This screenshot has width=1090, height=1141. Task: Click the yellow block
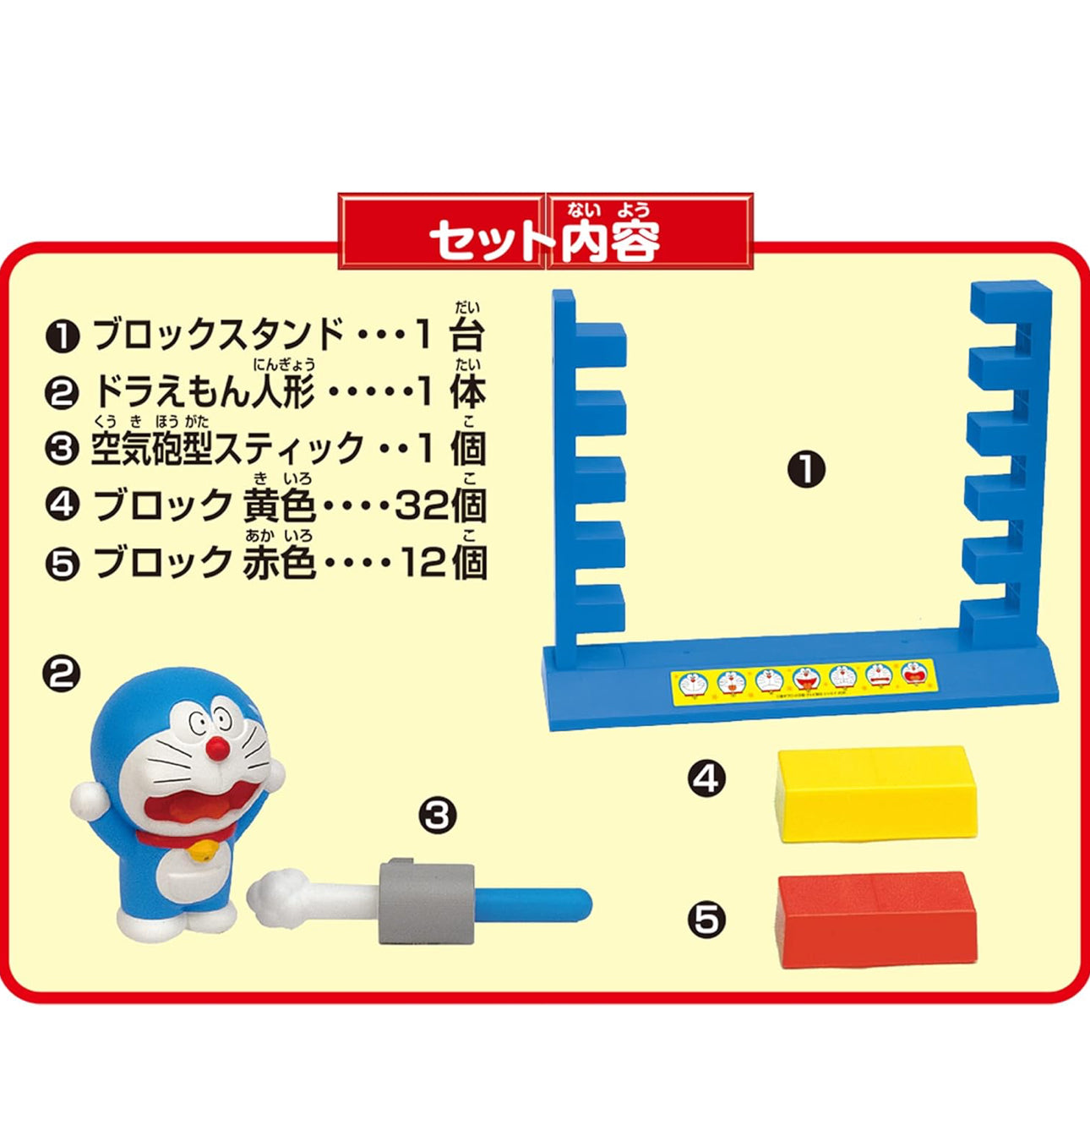pos(875,794)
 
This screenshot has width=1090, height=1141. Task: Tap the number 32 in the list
pos(422,506)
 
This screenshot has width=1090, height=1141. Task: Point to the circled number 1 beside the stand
pos(806,470)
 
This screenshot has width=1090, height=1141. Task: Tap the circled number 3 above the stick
pos(437,816)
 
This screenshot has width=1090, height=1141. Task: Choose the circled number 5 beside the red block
pos(707,919)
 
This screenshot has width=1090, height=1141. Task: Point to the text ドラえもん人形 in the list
pos(203,392)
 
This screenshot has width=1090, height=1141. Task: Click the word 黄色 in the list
pos(280,506)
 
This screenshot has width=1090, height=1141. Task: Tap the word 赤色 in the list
pos(280,562)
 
